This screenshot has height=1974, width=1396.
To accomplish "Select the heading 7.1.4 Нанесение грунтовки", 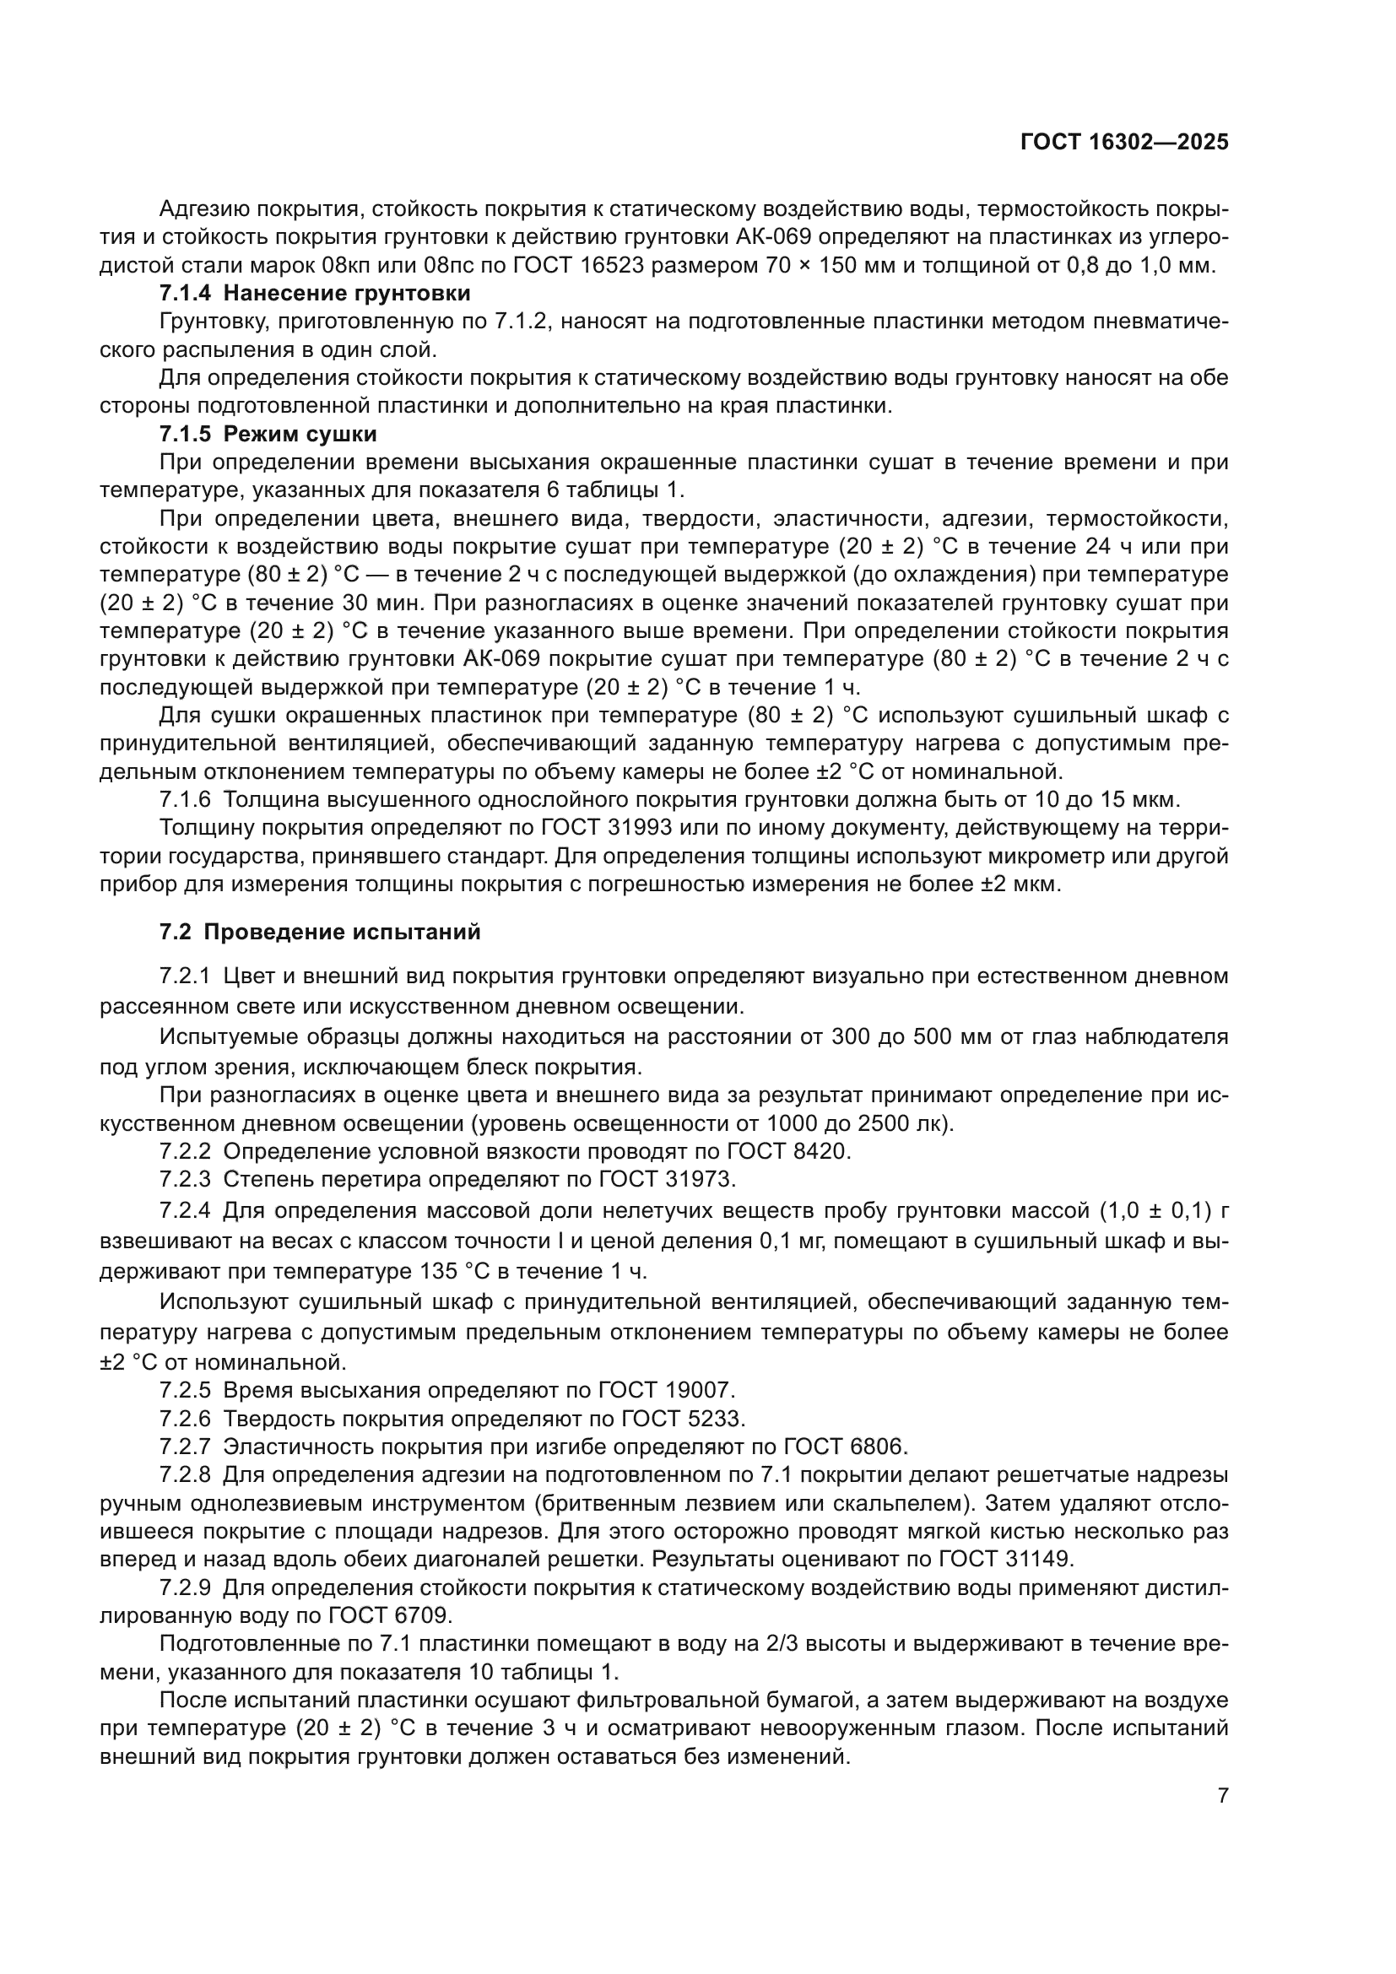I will (x=315, y=293).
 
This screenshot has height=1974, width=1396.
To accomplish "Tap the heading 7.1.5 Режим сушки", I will (x=268, y=433).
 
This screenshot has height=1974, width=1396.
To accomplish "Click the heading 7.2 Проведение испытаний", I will (x=320, y=932).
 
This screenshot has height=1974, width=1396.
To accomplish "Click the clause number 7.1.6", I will (x=185, y=799).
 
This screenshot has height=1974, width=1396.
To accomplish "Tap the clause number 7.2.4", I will (x=185, y=1210).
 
